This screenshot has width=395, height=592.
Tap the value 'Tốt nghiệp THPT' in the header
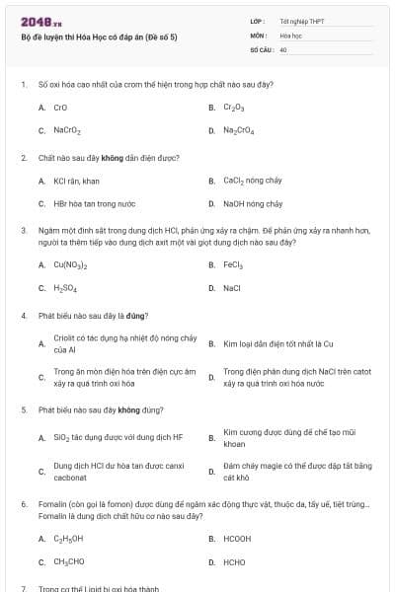pos(301,21)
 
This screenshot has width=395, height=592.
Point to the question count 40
pos(283,48)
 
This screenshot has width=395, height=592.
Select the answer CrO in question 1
pos(60,107)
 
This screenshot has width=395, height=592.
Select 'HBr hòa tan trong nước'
pos(94,204)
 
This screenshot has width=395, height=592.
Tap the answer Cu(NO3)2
pos(70,264)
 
